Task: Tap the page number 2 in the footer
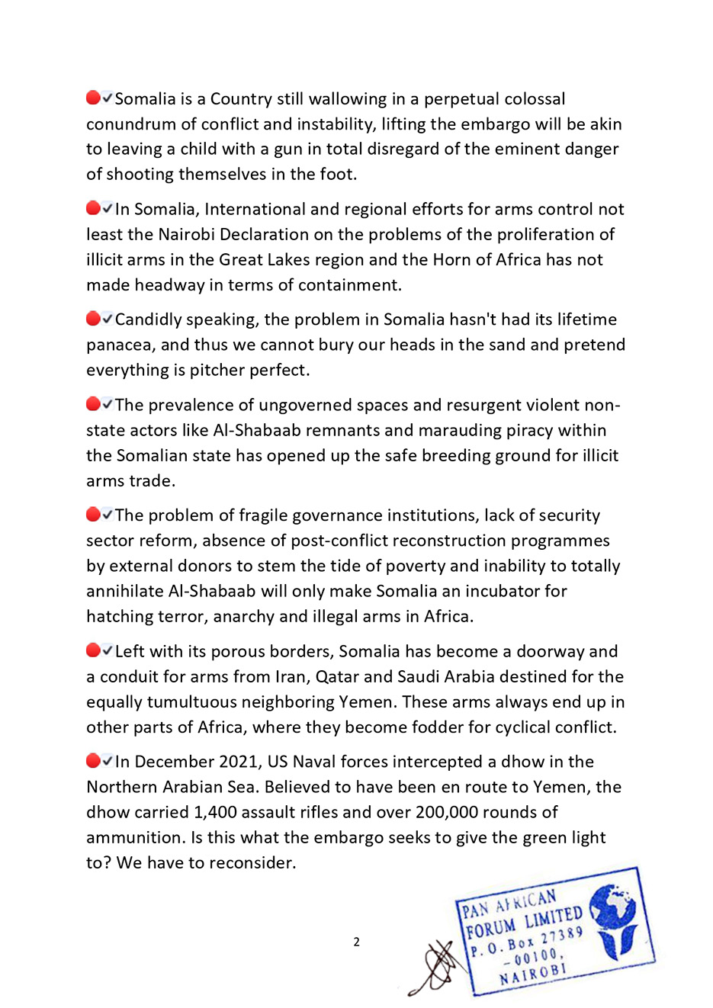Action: [x=356, y=942]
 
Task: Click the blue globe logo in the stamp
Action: [x=614, y=919]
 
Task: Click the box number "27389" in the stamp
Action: [x=563, y=936]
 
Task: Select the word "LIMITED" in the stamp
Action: [x=553, y=916]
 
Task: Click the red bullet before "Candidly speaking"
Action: [x=93, y=319]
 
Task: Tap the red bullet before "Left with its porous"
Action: [x=93, y=650]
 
